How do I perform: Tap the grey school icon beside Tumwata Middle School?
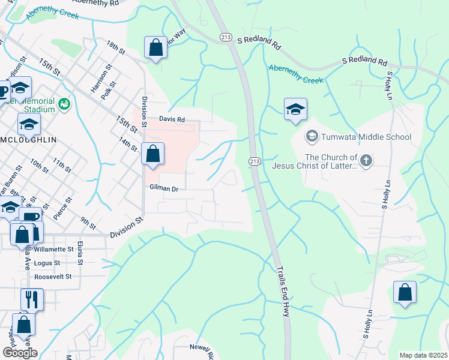point(312,137)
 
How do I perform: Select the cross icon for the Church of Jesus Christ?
point(366,160)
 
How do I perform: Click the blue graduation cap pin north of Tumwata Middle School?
point(295,110)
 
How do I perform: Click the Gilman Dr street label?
point(164,188)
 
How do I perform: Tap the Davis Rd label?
point(171,119)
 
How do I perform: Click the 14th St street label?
point(128,145)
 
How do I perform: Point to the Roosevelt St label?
point(53,277)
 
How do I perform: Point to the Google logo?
point(19,353)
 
